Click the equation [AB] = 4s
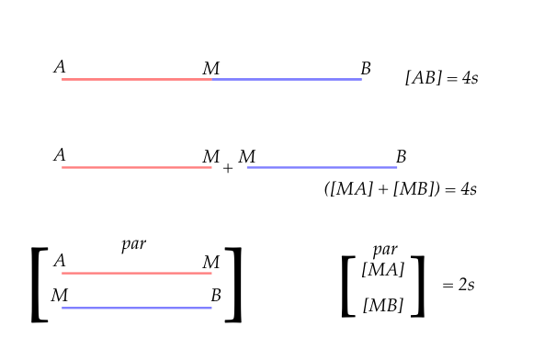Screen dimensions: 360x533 click(441, 78)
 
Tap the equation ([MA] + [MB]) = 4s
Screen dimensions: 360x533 click(401, 189)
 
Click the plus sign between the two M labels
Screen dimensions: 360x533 click(228, 169)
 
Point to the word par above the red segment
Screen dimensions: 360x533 click(134, 244)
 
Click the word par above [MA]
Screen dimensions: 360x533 click(385, 250)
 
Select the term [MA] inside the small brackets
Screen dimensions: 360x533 click(384, 270)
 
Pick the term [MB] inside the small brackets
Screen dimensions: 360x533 click(384, 305)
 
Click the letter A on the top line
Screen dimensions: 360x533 click(60, 66)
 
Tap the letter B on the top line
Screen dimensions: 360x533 click(366, 68)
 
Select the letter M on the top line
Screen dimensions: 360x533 click(210, 69)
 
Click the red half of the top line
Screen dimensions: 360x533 click(137, 80)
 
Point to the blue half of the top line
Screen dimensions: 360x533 click(287, 80)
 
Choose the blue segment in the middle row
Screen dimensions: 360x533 click(322, 168)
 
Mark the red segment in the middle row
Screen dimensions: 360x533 click(137, 168)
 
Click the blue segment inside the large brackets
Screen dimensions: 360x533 click(137, 308)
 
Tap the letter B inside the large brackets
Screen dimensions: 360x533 click(216, 296)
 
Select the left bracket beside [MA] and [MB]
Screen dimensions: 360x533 click(348, 286)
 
